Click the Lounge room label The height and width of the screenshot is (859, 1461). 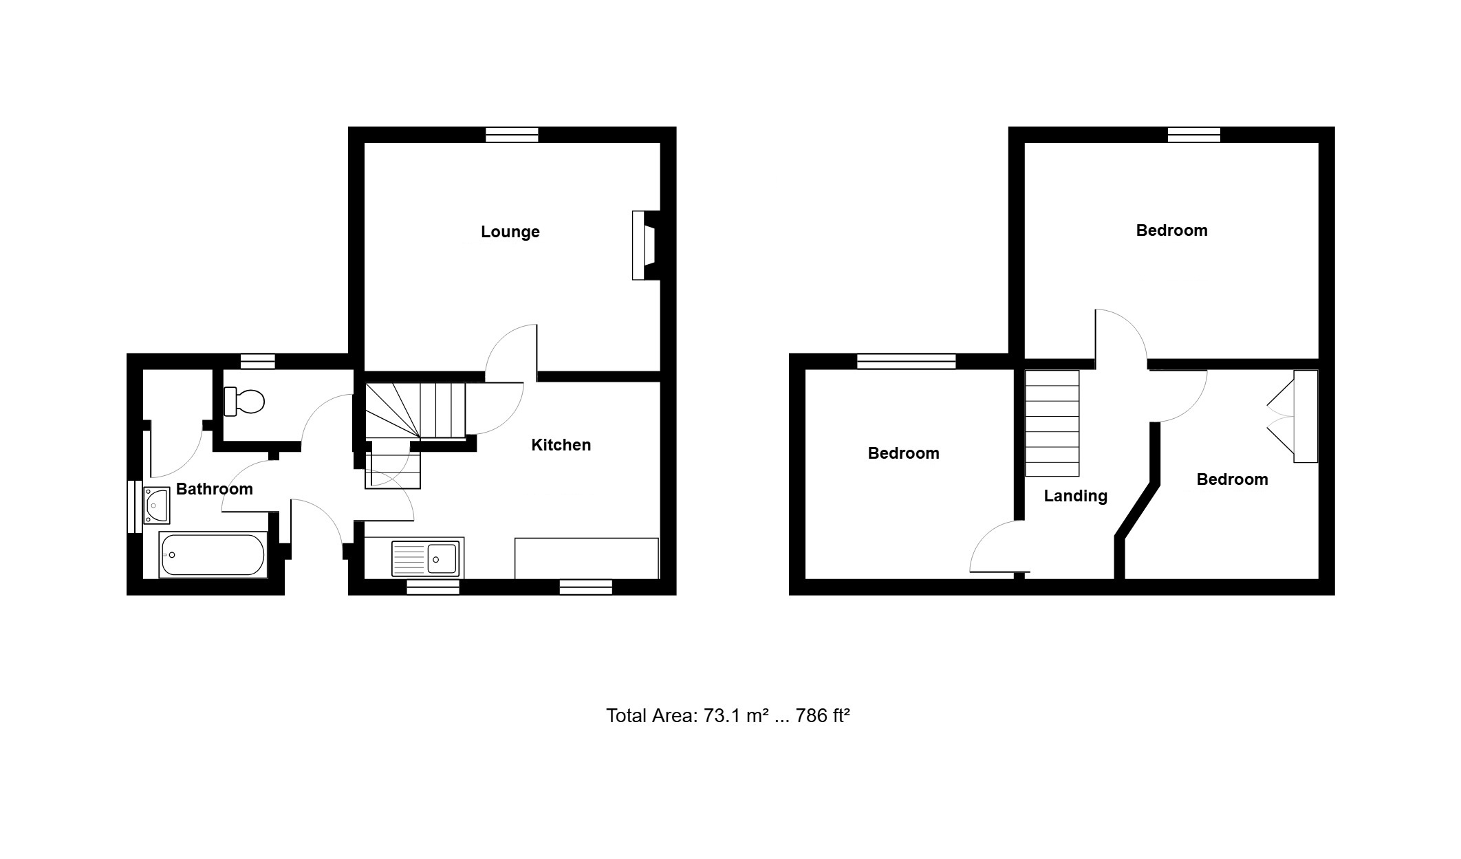[510, 232]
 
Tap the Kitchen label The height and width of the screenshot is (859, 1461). [561, 445]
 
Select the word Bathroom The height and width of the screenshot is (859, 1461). [215, 489]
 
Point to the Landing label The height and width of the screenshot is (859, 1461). [1076, 496]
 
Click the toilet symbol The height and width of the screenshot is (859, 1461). [244, 401]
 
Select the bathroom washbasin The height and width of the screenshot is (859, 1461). [156, 505]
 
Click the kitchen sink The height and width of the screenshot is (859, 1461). [425, 558]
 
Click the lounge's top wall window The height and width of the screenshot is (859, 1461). [512, 135]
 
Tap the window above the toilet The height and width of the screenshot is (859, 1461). [258, 361]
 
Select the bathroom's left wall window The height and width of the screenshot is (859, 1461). [134, 506]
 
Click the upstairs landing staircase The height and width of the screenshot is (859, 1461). [1052, 423]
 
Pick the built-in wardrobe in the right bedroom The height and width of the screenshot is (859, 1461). [1292, 417]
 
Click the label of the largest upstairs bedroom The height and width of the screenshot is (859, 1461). [1171, 230]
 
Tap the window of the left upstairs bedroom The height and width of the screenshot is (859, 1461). [907, 361]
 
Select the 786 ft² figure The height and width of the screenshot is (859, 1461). [823, 716]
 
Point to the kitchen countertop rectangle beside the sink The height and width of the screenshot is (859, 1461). [587, 558]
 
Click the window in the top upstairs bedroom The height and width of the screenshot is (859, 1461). [1194, 135]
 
